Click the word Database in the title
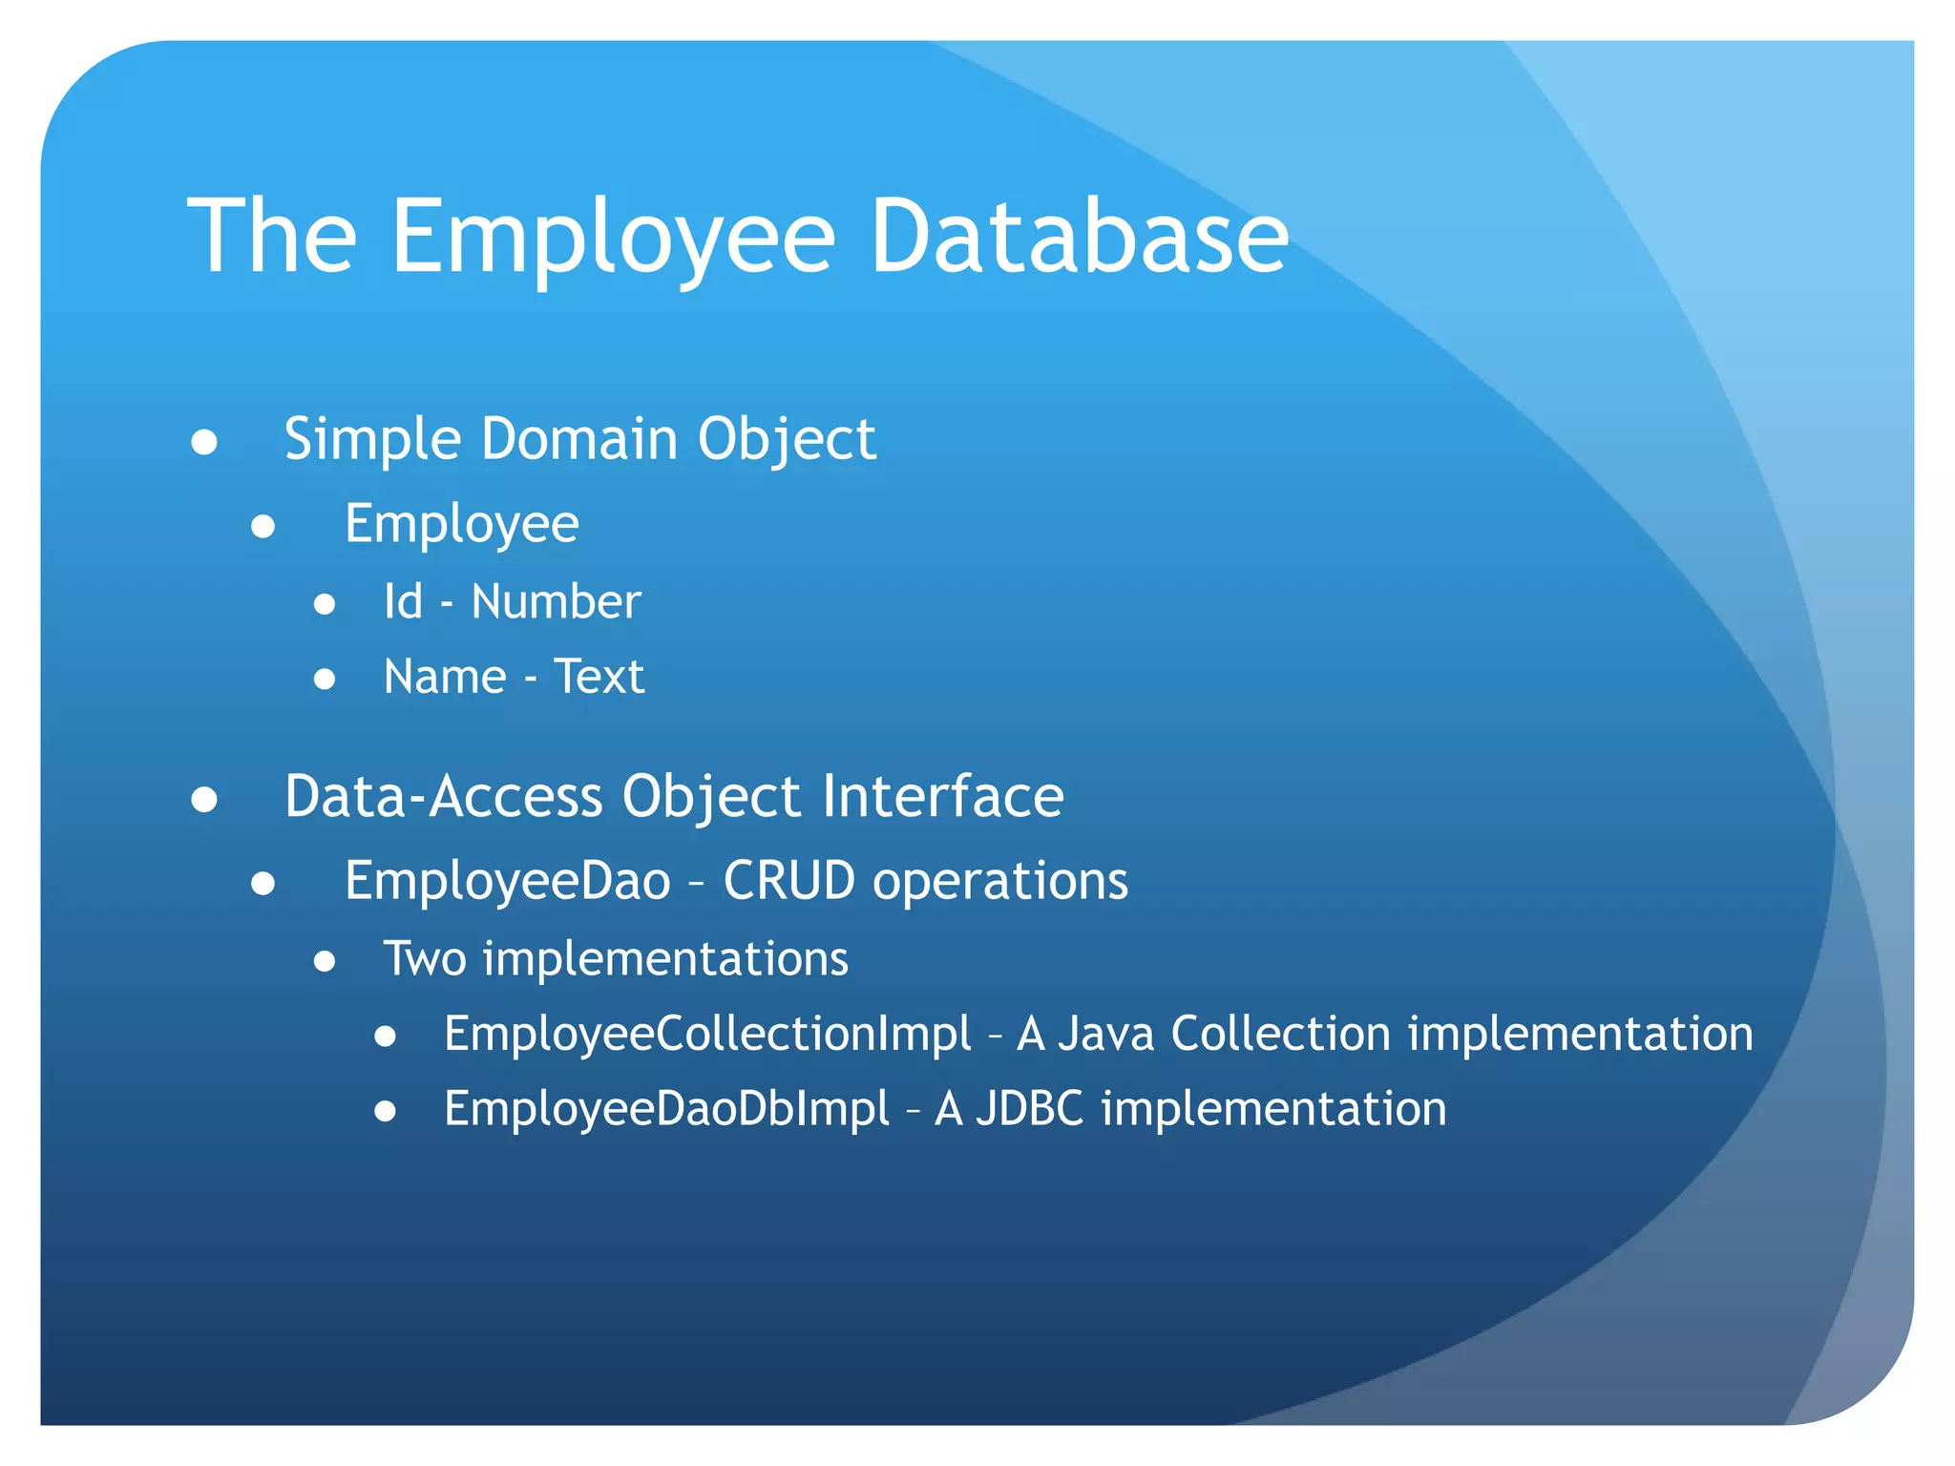pos(1079,237)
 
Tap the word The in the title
pos(272,237)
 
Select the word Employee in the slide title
pos(613,239)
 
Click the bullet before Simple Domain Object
pos(204,442)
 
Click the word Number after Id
pos(556,602)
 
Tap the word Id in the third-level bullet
pos(403,602)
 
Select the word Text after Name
pos(599,677)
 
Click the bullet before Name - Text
pos(325,680)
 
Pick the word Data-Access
pos(443,796)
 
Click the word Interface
pos(942,796)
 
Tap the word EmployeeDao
pos(507,880)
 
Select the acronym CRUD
pos(788,880)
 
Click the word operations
pos(999,882)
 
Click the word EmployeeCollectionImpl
pos(707,1034)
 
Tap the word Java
pos(1106,1034)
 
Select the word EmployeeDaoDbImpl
pos(666,1109)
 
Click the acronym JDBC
pos(1029,1109)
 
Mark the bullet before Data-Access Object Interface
pos(204,800)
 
